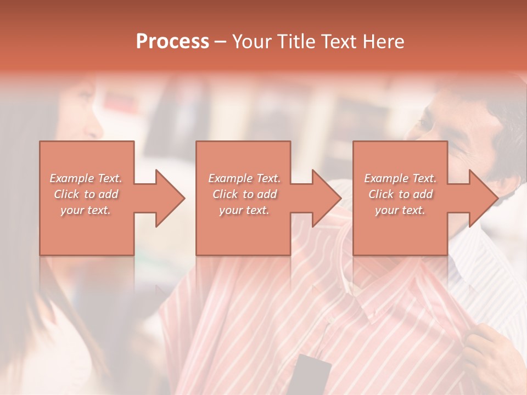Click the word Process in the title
click(172, 42)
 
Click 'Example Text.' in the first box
click(86, 178)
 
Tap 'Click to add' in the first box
click(86, 194)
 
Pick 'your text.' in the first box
click(86, 210)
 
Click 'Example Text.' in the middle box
click(244, 178)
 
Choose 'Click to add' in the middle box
click(244, 194)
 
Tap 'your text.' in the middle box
click(244, 210)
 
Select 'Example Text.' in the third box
click(400, 178)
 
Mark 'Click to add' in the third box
click(400, 194)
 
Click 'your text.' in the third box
click(400, 210)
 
